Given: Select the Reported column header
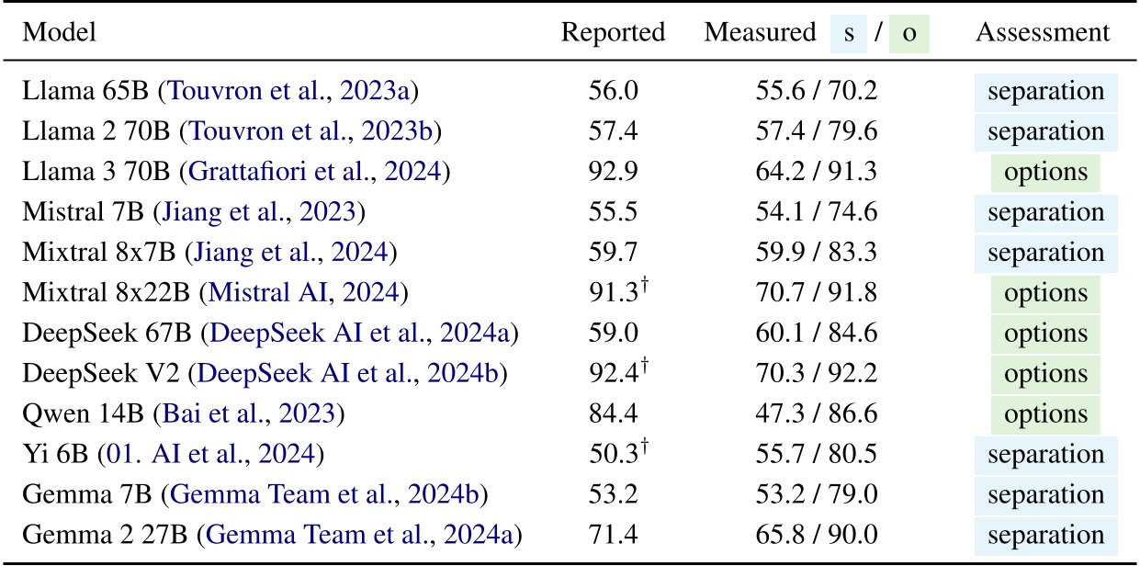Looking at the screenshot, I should pyautogui.click(x=613, y=33).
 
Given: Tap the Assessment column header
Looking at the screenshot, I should pyautogui.click(x=1042, y=33).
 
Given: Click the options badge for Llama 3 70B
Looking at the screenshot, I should pyautogui.click(x=1045, y=172).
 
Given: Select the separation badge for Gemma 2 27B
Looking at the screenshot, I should pyautogui.click(x=1045, y=535).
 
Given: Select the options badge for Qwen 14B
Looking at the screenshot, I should pyautogui.click(x=1045, y=413).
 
